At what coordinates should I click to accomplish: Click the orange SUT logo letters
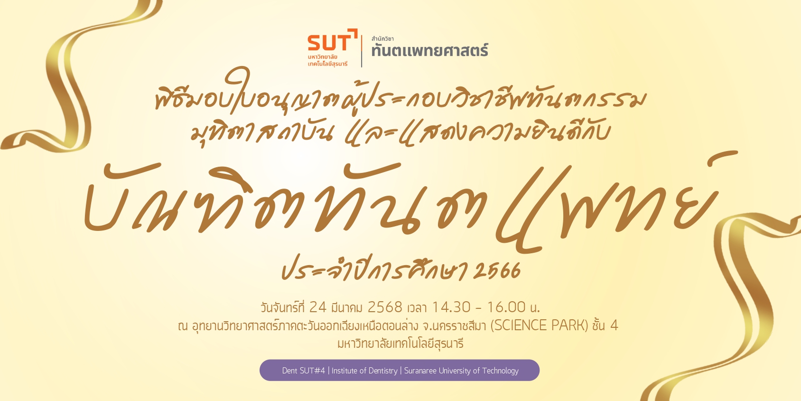[328, 43]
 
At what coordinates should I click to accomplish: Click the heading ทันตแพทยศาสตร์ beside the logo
[430, 50]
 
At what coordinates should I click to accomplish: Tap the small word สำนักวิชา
[382, 38]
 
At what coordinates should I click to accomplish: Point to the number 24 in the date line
[318, 307]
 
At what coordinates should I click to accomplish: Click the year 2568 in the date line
[385, 307]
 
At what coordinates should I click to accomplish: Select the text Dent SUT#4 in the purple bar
[304, 371]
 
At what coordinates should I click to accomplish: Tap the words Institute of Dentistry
[364, 371]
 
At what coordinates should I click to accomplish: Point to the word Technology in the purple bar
[500, 371]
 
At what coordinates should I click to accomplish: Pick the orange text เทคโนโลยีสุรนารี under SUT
[327, 64]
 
